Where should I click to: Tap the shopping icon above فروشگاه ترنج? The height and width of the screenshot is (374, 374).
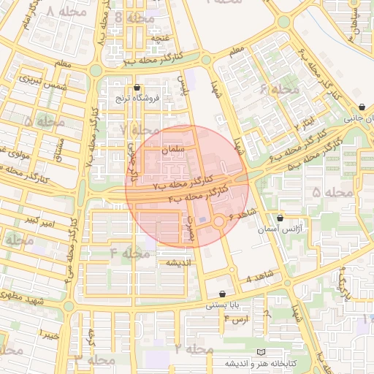[x=137, y=88]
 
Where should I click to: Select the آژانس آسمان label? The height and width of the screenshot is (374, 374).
[x=280, y=229]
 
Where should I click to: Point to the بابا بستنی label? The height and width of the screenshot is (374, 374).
[x=222, y=305]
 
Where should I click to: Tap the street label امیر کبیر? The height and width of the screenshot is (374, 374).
[x=38, y=219]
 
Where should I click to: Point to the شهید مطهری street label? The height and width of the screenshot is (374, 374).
[x=22, y=299]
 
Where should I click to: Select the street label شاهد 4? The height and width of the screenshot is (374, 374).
[x=259, y=278]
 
